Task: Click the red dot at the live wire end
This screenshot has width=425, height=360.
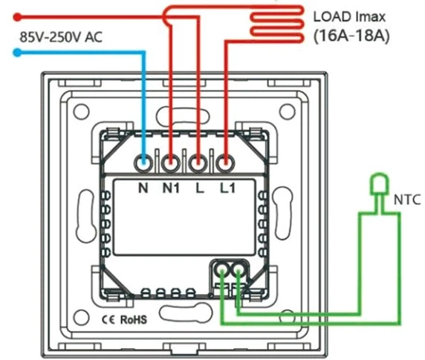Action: pyautogui.click(x=17, y=17)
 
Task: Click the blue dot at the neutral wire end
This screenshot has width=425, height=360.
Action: pyautogui.click(x=17, y=52)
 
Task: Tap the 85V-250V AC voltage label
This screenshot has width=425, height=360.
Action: pyautogui.click(x=61, y=37)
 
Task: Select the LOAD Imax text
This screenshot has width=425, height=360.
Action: pyautogui.click(x=349, y=17)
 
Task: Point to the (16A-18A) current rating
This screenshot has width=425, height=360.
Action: pyautogui.click(x=351, y=36)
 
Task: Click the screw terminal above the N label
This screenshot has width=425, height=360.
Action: pyautogui.click(x=143, y=163)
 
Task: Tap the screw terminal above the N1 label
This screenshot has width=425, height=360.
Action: pyautogui.click(x=171, y=163)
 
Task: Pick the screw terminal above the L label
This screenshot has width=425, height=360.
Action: pyautogui.click(x=198, y=163)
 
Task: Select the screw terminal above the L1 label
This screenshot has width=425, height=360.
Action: pyautogui.click(x=226, y=163)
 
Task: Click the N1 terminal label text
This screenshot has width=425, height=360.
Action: pyautogui.click(x=171, y=188)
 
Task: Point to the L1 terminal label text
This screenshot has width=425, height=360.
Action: pyautogui.click(x=227, y=188)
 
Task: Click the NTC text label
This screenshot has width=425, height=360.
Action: pyautogui.click(x=407, y=200)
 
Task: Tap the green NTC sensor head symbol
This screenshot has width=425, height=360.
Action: pyautogui.click(x=380, y=184)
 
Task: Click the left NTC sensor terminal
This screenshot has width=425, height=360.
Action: pyautogui.click(x=222, y=269)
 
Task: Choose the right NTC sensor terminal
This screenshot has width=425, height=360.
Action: pyautogui.click(x=239, y=269)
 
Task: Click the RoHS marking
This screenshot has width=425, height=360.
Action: pyautogui.click(x=133, y=320)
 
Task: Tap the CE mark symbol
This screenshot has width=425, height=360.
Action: pyautogui.click(x=108, y=320)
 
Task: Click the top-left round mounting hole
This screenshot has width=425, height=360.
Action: pyautogui.click(x=81, y=111)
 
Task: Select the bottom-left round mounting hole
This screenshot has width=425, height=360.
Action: pyautogui.click(x=81, y=318)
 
